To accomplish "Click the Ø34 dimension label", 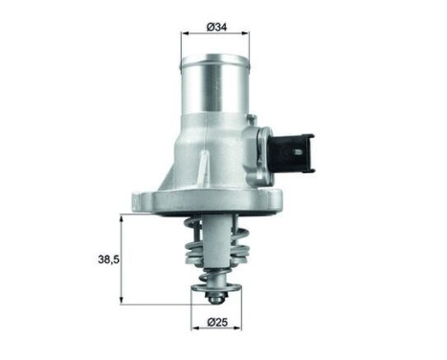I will pyautogui.click(x=216, y=28).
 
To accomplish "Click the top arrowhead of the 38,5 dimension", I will pyautogui.click(x=122, y=218).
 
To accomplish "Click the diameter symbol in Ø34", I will pyautogui.click(x=208, y=28).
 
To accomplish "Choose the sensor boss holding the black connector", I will pyautogui.click(x=260, y=144).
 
